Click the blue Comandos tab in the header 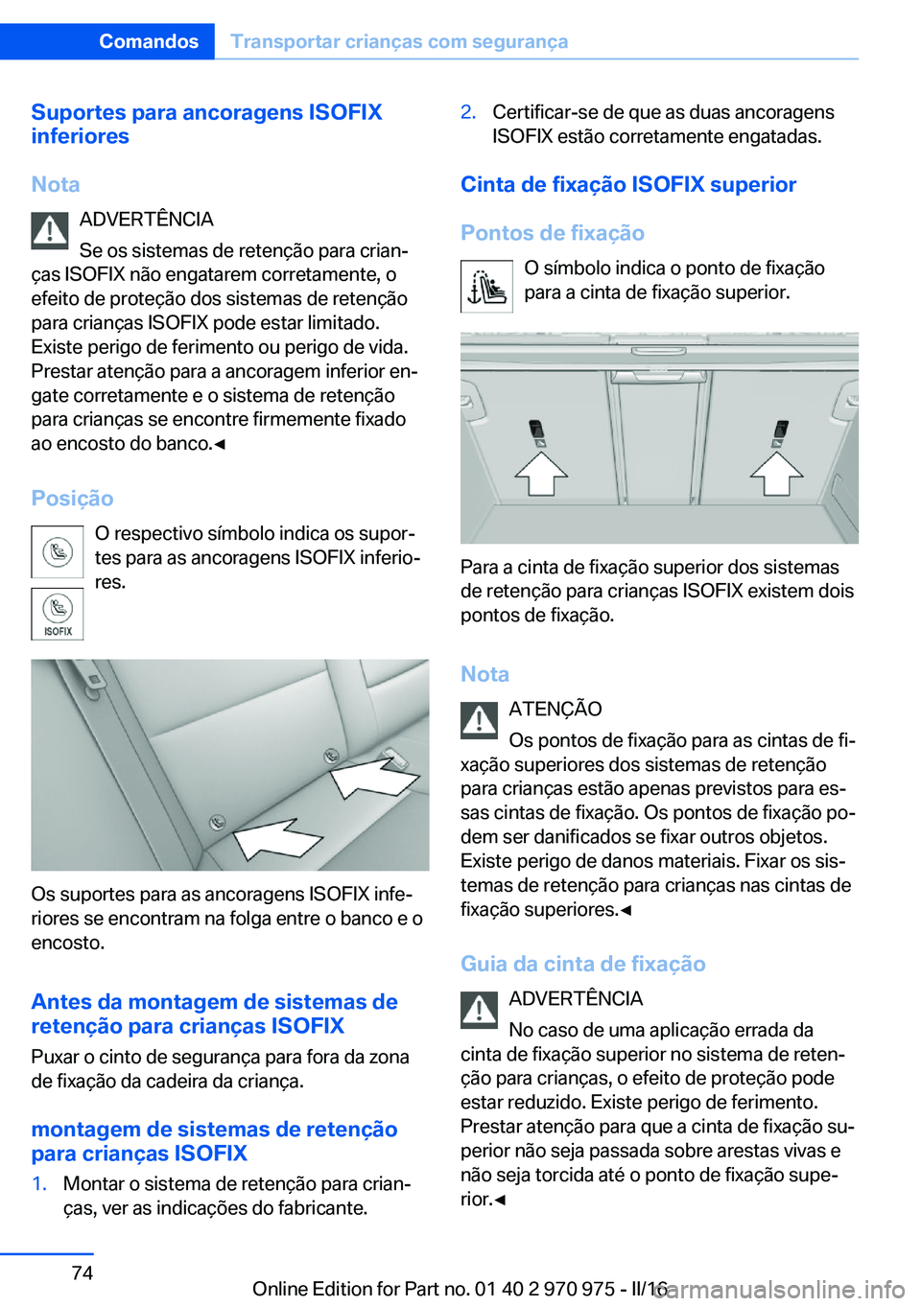148,41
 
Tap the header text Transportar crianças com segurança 399,41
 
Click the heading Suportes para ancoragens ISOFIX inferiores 206,124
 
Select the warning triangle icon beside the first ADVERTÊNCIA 49,230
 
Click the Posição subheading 72,498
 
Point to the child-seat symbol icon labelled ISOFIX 58,614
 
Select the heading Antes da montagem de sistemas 214,1014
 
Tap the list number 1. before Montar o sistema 39,1183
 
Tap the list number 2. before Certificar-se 468,112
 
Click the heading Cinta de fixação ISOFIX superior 628,184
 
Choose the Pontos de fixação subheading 553,233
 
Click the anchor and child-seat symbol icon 486,286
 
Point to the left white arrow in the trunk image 542,473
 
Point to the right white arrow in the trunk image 776,473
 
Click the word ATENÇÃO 555,709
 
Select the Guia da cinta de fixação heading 583,964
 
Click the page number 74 83,1272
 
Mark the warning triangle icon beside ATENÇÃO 479,720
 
